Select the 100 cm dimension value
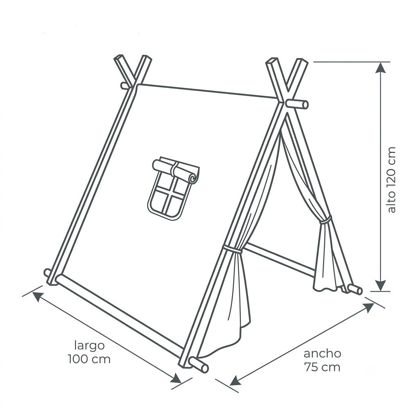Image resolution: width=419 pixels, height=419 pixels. [89, 359]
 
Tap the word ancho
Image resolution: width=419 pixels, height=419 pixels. [322, 354]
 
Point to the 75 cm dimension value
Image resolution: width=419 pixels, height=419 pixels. [322, 367]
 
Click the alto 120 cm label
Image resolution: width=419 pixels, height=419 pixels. [391, 180]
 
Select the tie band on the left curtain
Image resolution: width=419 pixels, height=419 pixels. [232, 250]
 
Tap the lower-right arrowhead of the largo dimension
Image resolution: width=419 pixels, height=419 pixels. [177, 378]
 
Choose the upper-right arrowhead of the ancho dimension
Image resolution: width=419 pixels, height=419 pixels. [368, 308]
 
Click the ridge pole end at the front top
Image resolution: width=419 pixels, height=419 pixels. [305, 105]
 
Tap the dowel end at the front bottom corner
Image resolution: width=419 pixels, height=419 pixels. [205, 368]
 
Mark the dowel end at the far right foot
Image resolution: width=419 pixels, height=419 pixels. [359, 291]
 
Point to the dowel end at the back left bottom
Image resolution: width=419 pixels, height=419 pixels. [47, 273]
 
